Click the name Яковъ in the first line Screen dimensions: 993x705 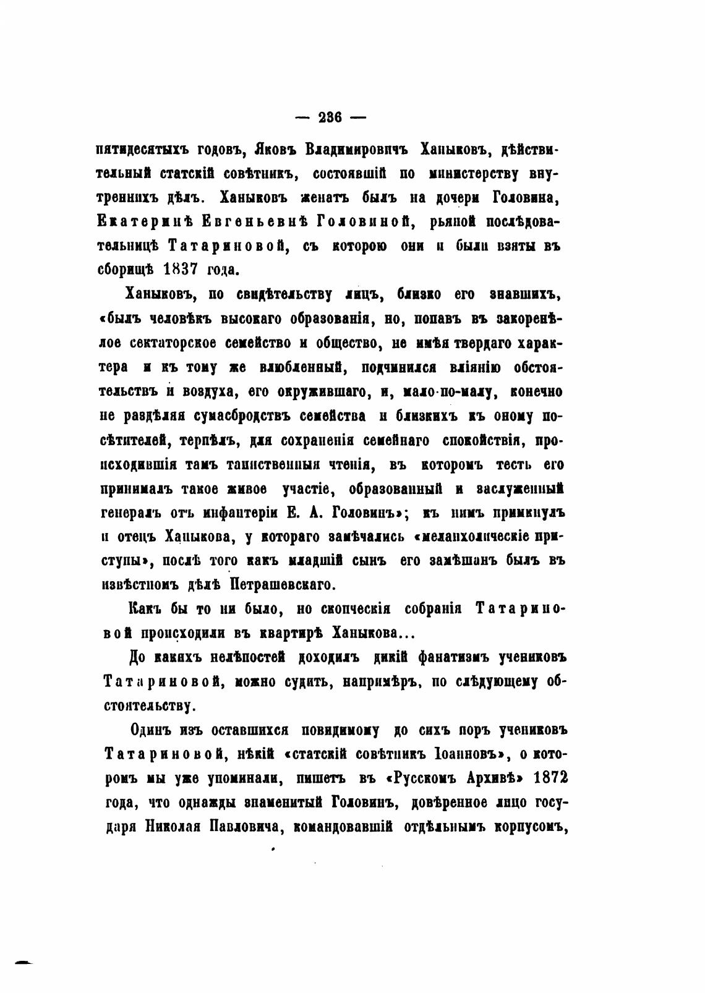click(x=273, y=149)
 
